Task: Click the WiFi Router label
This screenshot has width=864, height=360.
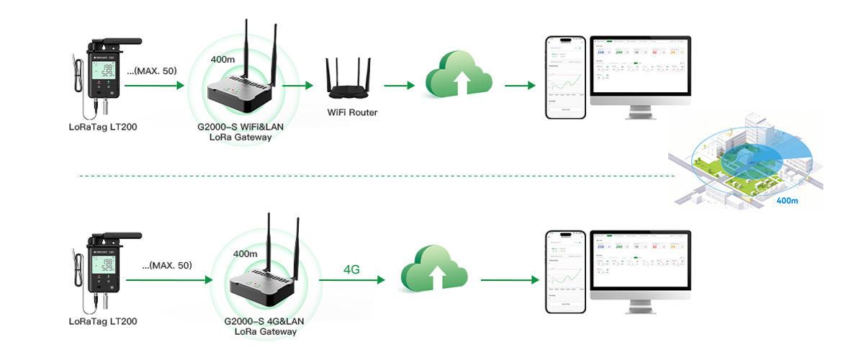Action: pyautogui.click(x=353, y=112)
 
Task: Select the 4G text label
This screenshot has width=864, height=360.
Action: pyautogui.click(x=351, y=270)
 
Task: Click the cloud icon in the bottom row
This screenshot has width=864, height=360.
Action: pyautogui.click(x=434, y=270)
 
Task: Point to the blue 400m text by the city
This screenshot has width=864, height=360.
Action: pyautogui.click(x=788, y=201)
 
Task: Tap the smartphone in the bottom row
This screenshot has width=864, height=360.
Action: pyautogui.click(x=566, y=271)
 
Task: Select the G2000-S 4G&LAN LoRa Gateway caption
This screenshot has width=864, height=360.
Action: pyautogui.click(x=266, y=326)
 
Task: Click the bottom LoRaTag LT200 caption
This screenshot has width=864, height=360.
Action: pyautogui.click(x=103, y=322)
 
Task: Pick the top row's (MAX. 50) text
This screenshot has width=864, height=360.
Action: pyautogui.click(x=152, y=71)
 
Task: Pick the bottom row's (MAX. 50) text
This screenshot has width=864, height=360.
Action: pyautogui.click(x=168, y=266)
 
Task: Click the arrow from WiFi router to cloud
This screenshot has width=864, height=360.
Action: pyautogui.click(x=400, y=86)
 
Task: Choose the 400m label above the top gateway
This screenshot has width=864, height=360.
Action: pyautogui.click(x=223, y=58)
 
